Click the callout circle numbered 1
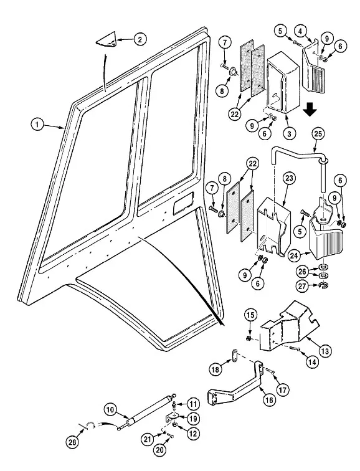click(37, 124)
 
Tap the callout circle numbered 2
click(140, 39)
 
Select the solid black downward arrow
click(310, 110)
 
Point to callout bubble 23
click(289, 178)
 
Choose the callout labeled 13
click(325, 350)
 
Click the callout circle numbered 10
click(110, 410)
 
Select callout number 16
click(269, 400)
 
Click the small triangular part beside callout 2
click(107, 40)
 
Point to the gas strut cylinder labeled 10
click(148, 411)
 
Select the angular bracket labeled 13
click(288, 330)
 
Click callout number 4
click(300, 31)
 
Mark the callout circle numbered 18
click(216, 369)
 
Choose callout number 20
click(160, 450)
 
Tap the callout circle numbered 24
click(295, 255)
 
